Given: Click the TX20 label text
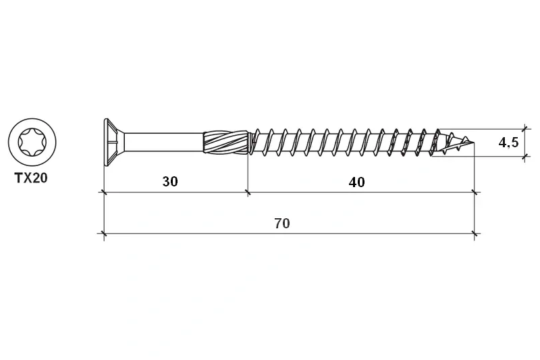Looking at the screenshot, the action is pos(30,178).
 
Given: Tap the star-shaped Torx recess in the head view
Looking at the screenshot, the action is pos(32,142).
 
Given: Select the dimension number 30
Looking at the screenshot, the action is pos(170,182).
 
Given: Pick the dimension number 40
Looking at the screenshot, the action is pos(356,182).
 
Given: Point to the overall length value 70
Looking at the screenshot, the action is pos(282,224).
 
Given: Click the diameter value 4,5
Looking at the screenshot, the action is pos(508,142).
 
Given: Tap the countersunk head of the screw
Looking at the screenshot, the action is pos(113,142).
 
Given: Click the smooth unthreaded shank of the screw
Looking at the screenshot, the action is pos(163,142).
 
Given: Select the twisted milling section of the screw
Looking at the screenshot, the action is pos(225,142).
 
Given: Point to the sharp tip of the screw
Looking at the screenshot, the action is pos(474,143).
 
